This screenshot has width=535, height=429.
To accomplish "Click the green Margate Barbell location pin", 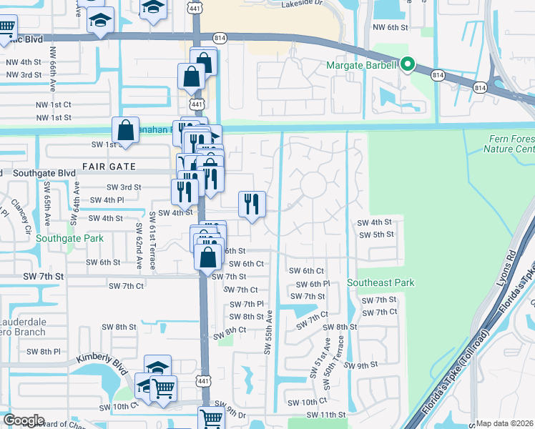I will (x=408, y=65).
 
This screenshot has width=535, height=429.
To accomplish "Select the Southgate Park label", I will (x=69, y=238).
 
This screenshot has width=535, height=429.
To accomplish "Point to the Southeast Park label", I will (x=381, y=283).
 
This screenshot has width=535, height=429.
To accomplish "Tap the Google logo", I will (x=24, y=420).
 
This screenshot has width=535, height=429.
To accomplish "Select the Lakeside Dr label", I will (x=302, y=4).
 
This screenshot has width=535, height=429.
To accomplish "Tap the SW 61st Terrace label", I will (x=152, y=240).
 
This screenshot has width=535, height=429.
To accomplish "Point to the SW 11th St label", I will (x=326, y=415).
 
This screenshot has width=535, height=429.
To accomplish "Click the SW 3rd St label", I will (x=122, y=187).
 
